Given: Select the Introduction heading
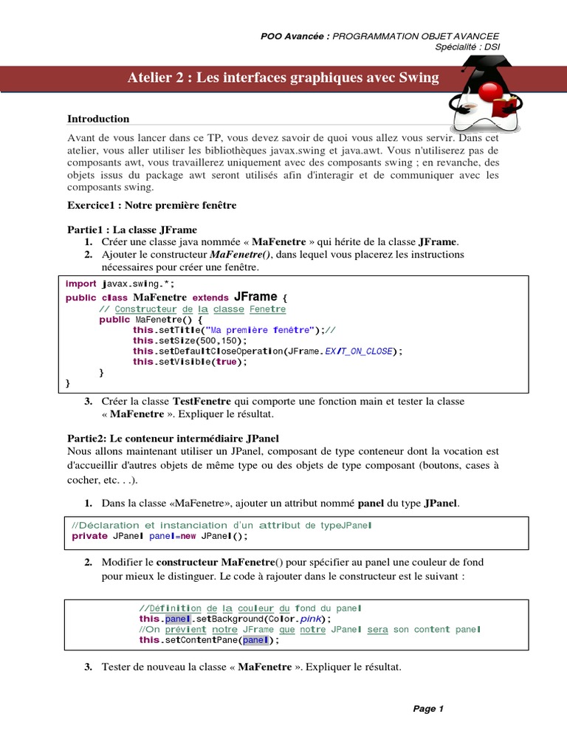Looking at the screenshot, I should click(98, 119).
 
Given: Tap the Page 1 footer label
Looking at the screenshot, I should click(428, 709).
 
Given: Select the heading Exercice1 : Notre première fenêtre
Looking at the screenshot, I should click(151, 205).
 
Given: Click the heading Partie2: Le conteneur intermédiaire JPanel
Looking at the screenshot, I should click(173, 439).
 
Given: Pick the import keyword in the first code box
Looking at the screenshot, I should click(81, 283).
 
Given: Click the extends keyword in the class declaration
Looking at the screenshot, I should click(210, 298).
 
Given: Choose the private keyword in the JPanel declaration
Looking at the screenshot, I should click(89, 536).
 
